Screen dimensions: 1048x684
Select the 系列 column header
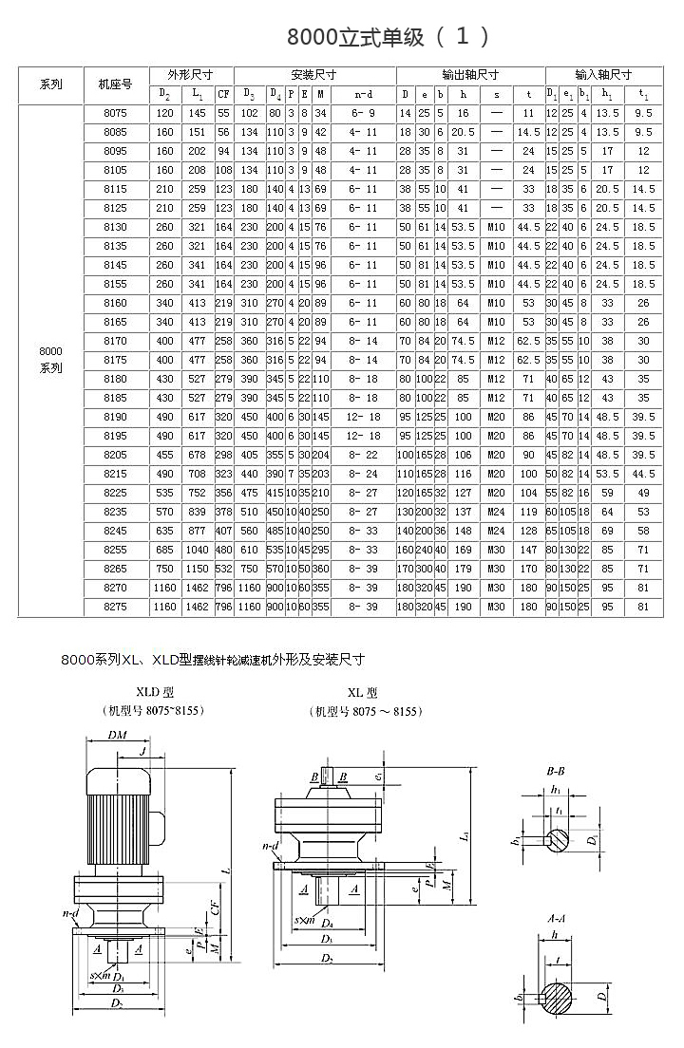51,84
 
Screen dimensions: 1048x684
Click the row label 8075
114,113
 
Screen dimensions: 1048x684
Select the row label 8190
114,417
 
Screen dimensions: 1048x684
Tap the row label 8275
114,607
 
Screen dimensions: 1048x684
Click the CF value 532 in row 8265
223,569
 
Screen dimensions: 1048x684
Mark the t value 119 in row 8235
528,512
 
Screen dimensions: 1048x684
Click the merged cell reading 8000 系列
51,360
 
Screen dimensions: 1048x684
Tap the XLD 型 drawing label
156,695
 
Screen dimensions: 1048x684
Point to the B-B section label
556,771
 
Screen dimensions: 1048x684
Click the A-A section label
558,920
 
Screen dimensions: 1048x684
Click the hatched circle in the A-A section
559,997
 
